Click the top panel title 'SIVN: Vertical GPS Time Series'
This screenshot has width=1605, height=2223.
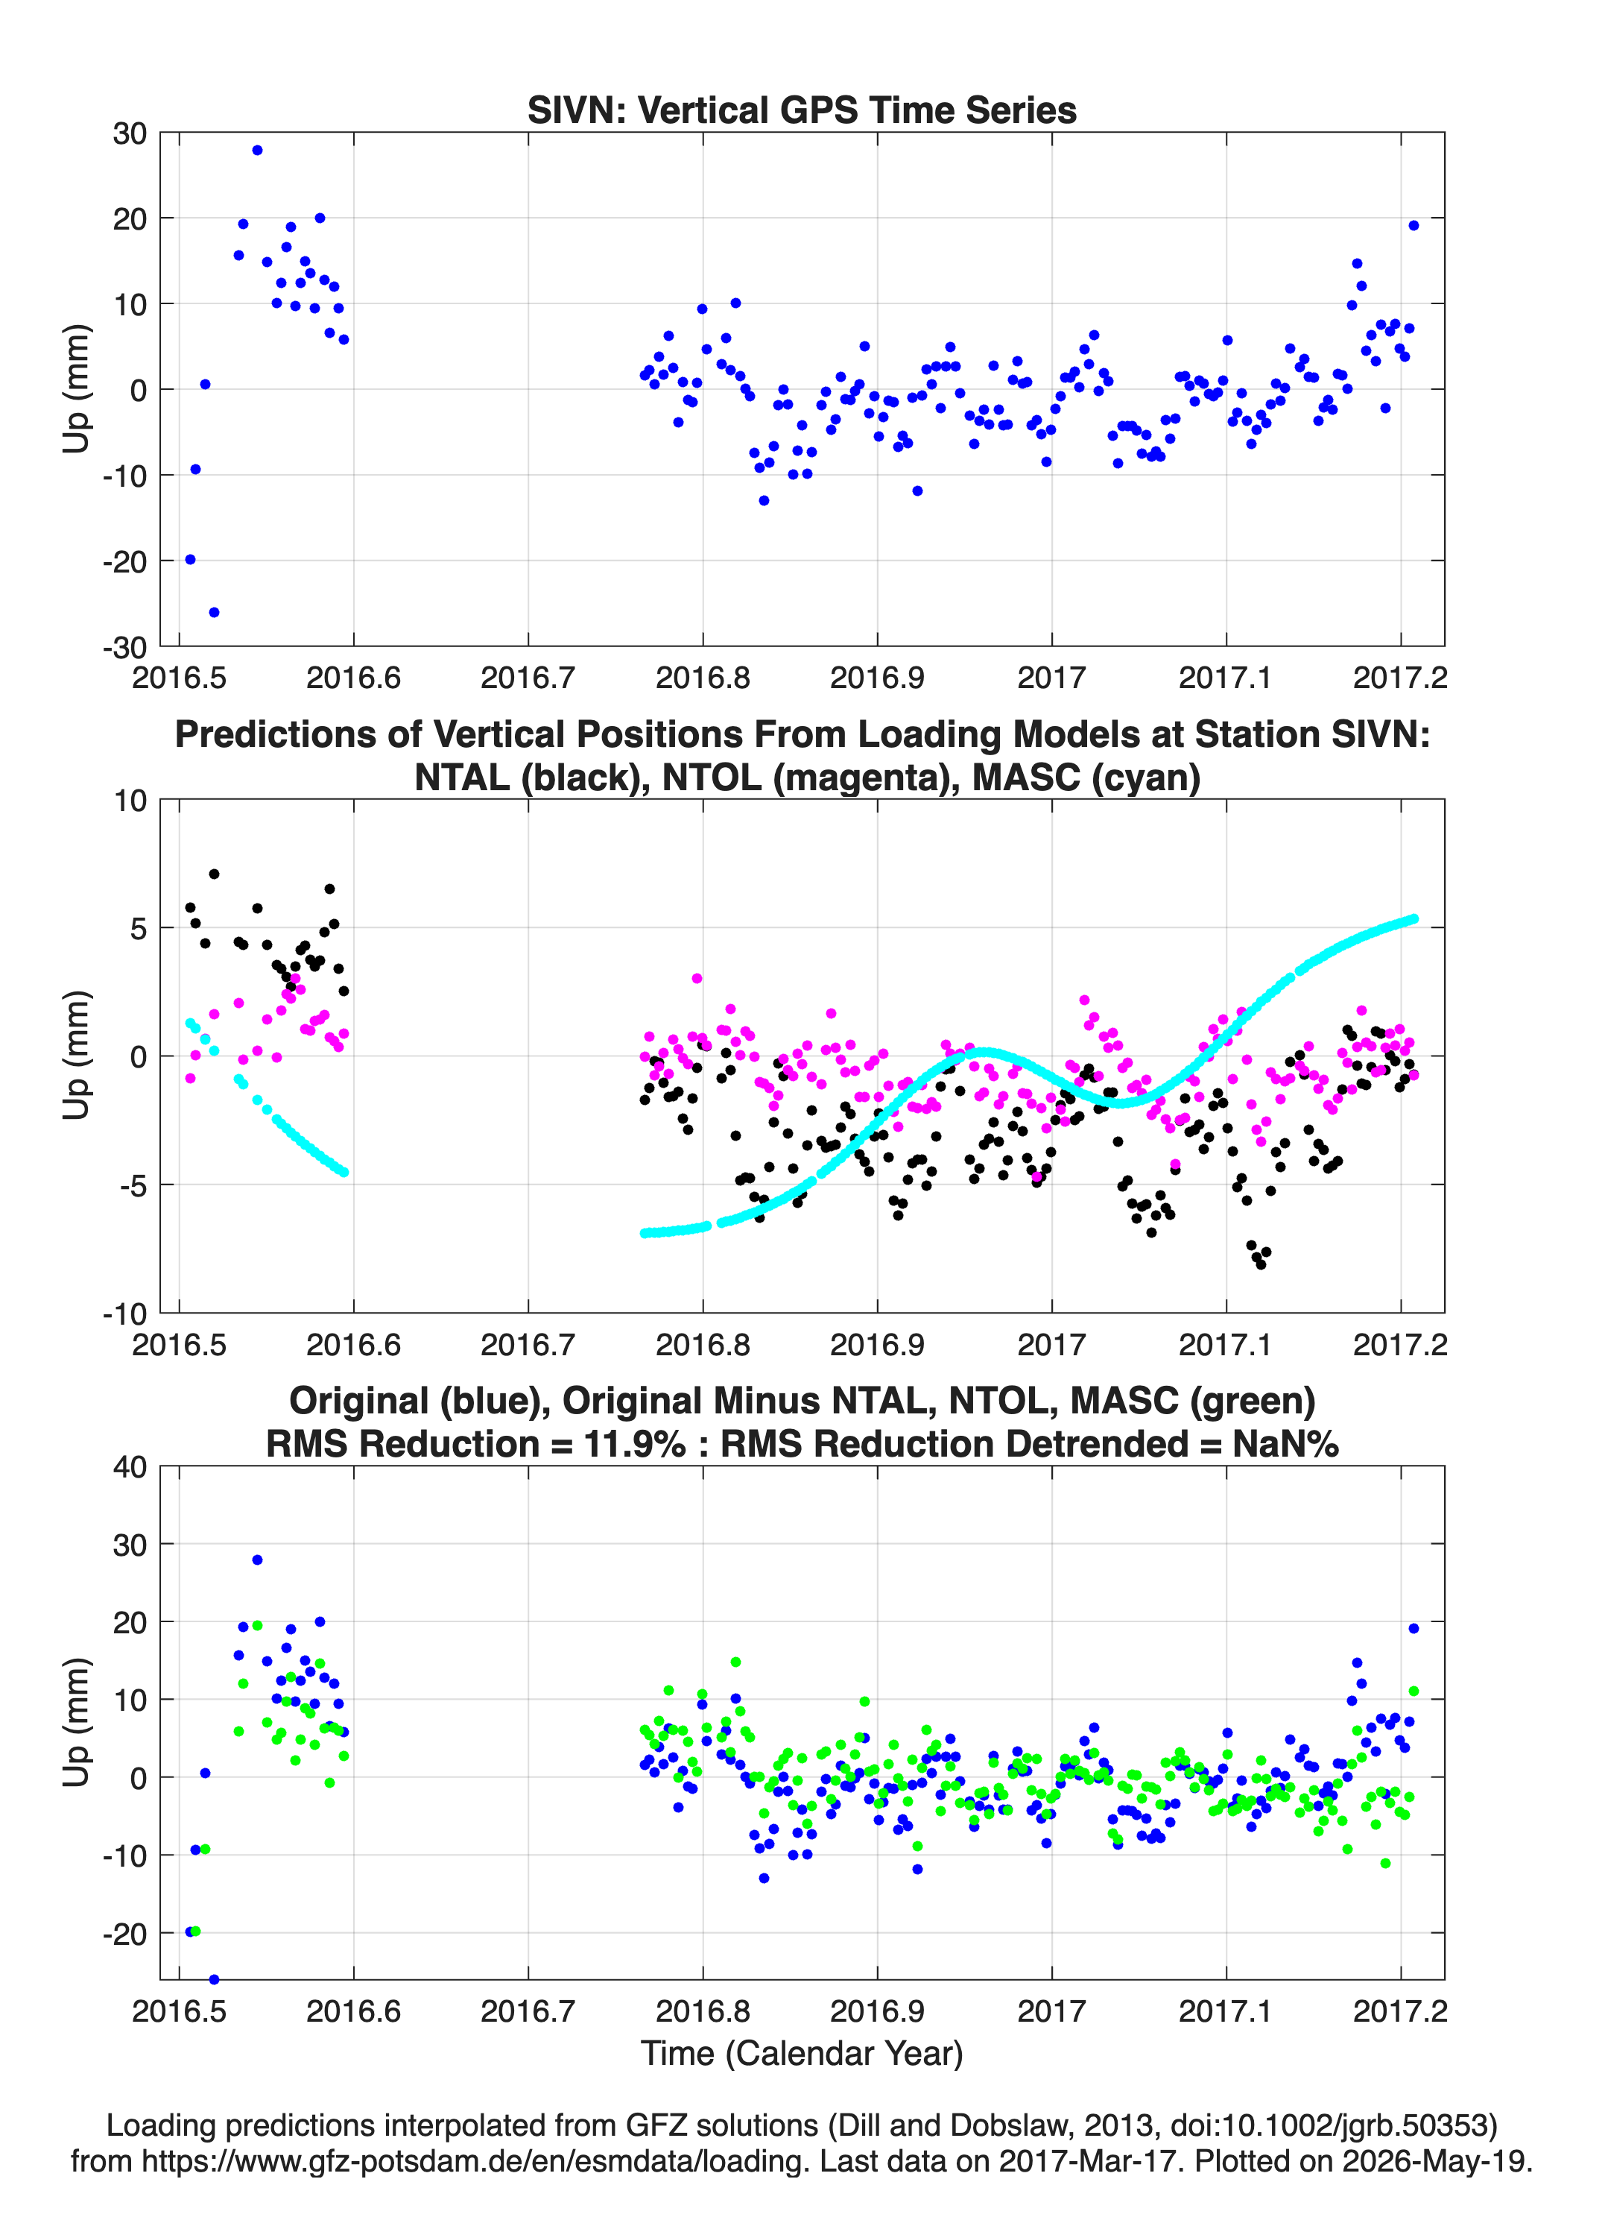[802, 110]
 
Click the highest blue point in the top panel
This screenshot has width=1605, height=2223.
[257, 150]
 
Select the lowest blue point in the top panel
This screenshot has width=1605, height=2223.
[215, 613]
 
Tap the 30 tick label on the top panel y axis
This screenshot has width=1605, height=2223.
[130, 133]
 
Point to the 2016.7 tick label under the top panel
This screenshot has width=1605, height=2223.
[528, 678]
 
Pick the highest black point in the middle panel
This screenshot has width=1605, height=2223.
[215, 874]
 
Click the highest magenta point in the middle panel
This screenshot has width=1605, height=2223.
[697, 978]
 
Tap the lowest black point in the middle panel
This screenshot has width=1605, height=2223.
[1260, 1264]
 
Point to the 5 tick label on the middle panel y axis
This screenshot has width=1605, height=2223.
[138, 928]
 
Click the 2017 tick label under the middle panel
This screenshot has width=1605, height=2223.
[1051, 1345]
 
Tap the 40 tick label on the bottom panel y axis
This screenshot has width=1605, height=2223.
[130, 1467]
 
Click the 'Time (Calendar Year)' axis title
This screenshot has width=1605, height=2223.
[802, 2054]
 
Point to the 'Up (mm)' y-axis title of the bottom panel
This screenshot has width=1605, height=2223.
[77, 1722]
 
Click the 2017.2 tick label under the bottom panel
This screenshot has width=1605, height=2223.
[1400, 2011]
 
